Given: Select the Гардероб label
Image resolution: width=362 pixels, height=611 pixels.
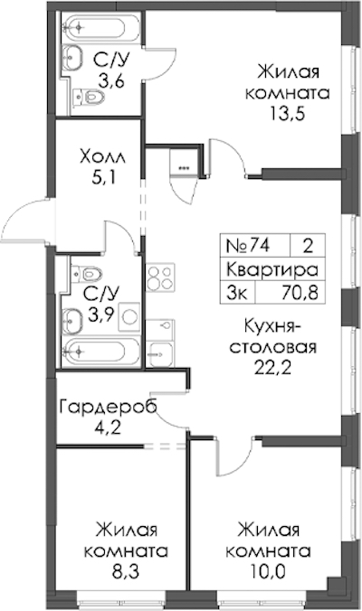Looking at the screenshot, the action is (x=109, y=407).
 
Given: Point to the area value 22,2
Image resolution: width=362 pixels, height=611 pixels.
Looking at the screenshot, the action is (x=272, y=368).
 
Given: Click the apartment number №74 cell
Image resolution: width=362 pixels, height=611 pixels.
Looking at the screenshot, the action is (x=248, y=246).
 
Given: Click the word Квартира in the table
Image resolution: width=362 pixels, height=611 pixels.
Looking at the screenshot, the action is (x=272, y=269).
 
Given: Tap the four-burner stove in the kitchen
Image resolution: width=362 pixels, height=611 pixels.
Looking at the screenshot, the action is (x=160, y=277).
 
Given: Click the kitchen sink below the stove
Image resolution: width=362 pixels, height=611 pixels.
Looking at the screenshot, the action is (x=160, y=343).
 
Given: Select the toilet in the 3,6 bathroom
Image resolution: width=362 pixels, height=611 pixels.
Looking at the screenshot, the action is (x=90, y=96).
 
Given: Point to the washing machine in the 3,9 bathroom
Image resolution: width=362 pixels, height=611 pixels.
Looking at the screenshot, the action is (x=129, y=316).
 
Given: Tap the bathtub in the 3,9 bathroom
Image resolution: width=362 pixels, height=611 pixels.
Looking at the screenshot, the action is (x=100, y=352).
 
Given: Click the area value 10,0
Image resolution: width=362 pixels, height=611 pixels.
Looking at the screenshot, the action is (x=270, y=571).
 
